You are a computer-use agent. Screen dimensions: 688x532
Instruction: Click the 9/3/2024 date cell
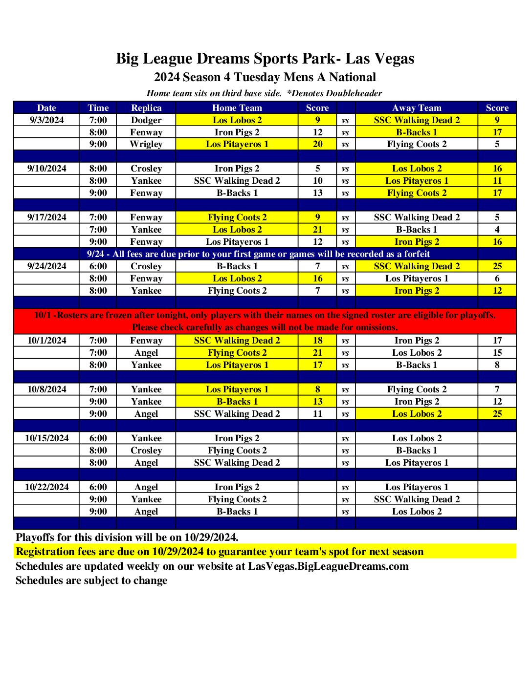point(46,120)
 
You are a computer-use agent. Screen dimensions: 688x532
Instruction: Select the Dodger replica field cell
point(146,120)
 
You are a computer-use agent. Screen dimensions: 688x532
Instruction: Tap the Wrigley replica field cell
point(146,144)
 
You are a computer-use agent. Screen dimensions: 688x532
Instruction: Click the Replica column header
point(146,108)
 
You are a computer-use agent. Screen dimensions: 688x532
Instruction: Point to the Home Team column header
point(237,108)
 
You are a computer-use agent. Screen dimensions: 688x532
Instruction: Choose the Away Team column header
point(417,108)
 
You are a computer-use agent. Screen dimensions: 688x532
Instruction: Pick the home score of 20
point(317,144)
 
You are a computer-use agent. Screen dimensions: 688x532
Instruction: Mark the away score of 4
point(497,230)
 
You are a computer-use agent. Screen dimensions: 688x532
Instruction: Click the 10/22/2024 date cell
point(46,487)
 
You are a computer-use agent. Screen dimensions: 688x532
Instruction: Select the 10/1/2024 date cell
point(46,341)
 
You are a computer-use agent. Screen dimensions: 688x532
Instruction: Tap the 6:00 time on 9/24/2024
point(98,266)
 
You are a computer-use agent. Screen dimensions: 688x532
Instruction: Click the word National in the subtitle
point(352,77)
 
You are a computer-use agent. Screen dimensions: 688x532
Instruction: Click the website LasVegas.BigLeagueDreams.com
point(328,566)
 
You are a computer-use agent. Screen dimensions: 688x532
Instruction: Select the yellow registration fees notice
point(220,552)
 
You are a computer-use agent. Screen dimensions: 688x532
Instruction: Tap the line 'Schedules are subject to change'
point(91,580)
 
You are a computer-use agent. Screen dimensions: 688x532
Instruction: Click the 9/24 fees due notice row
point(258,254)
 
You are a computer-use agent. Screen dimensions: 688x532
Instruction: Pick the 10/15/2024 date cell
point(46,438)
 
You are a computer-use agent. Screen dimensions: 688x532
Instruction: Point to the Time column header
point(98,108)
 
